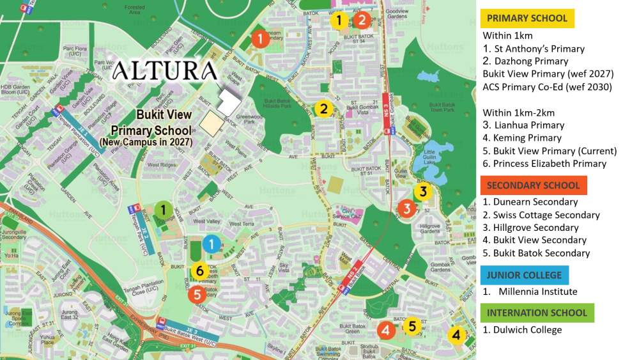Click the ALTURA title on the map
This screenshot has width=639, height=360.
click(164, 71)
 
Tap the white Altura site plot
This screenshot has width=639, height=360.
click(229, 100)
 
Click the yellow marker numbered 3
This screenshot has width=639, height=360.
click(422, 191)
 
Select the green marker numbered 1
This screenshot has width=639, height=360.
click(164, 209)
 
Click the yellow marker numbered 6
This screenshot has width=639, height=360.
click(199, 270)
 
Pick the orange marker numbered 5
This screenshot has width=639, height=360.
click(197, 294)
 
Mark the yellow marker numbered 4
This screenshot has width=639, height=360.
click(456, 334)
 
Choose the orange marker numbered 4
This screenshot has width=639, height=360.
click(386, 330)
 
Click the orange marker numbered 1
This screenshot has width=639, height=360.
click(259, 39)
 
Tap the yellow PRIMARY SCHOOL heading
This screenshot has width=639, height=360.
click(527, 18)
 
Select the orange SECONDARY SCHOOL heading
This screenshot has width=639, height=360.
click(534, 185)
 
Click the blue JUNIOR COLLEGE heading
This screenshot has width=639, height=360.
click(524, 275)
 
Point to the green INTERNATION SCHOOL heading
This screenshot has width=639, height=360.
click(537, 313)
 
